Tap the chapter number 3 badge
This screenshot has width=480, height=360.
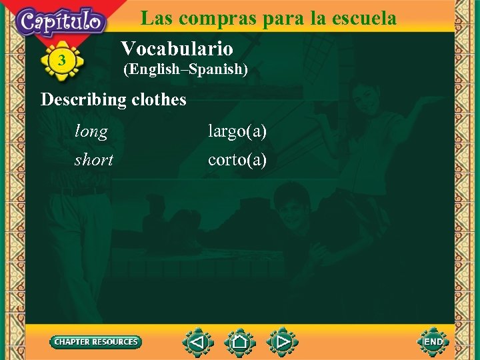pos(61,61)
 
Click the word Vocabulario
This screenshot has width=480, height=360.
pos(177,48)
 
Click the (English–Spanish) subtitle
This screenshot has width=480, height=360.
pos(185,69)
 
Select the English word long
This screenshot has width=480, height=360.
pos(91,132)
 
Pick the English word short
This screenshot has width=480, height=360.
pos(94,160)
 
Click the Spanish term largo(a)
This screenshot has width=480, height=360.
pos(237,132)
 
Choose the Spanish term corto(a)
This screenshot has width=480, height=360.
pos(237,160)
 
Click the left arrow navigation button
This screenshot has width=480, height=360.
pos(197,342)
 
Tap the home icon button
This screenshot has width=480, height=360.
pos(240,342)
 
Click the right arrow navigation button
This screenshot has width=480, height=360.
pos(283,342)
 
